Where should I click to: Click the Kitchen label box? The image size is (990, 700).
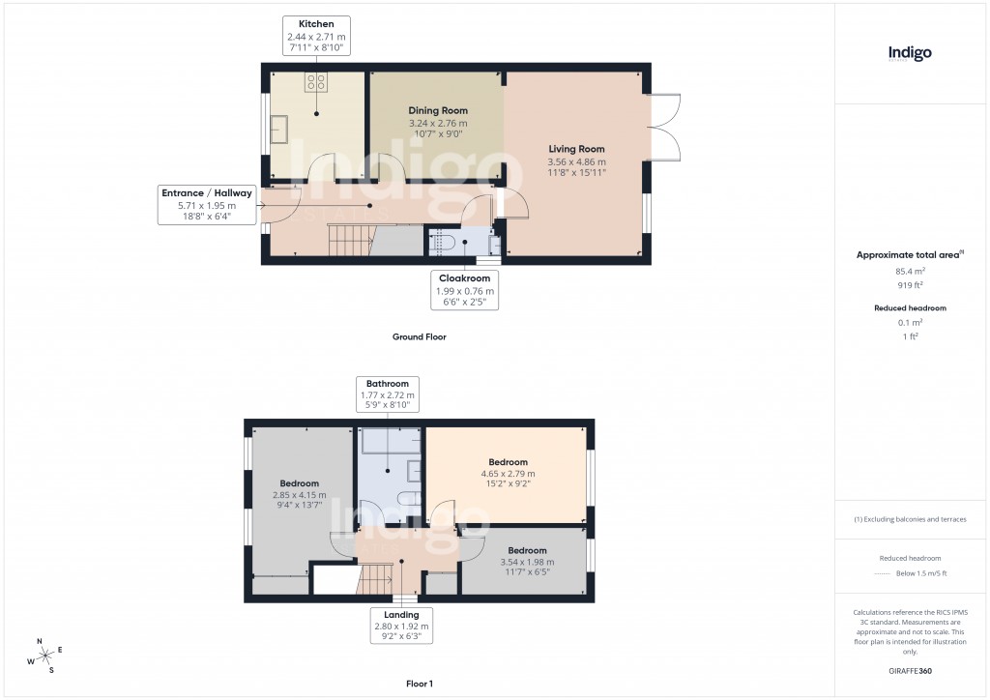click(x=316, y=35)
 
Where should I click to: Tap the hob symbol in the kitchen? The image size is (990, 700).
click(x=316, y=81)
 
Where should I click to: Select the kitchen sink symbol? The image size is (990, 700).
click(x=281, y=128)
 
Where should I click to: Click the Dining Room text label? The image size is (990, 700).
click(x=438, y=111)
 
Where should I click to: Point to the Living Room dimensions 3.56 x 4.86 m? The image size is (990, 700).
click(x=576, y=162)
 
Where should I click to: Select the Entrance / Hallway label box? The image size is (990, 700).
click(x=206, y=206)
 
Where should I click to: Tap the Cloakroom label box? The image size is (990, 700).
click(x=466, y=290)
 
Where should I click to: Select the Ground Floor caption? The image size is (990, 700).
click(x=419, y=337)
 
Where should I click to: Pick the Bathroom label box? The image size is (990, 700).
click(x=387, y=395)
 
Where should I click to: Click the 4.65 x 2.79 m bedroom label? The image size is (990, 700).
click(x=508, y=474)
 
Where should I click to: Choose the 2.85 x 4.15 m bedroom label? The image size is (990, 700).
click(x=300, y=495)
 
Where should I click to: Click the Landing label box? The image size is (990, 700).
click(x=401, y=627)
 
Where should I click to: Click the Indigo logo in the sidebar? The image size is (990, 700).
click(x=910, y=54)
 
